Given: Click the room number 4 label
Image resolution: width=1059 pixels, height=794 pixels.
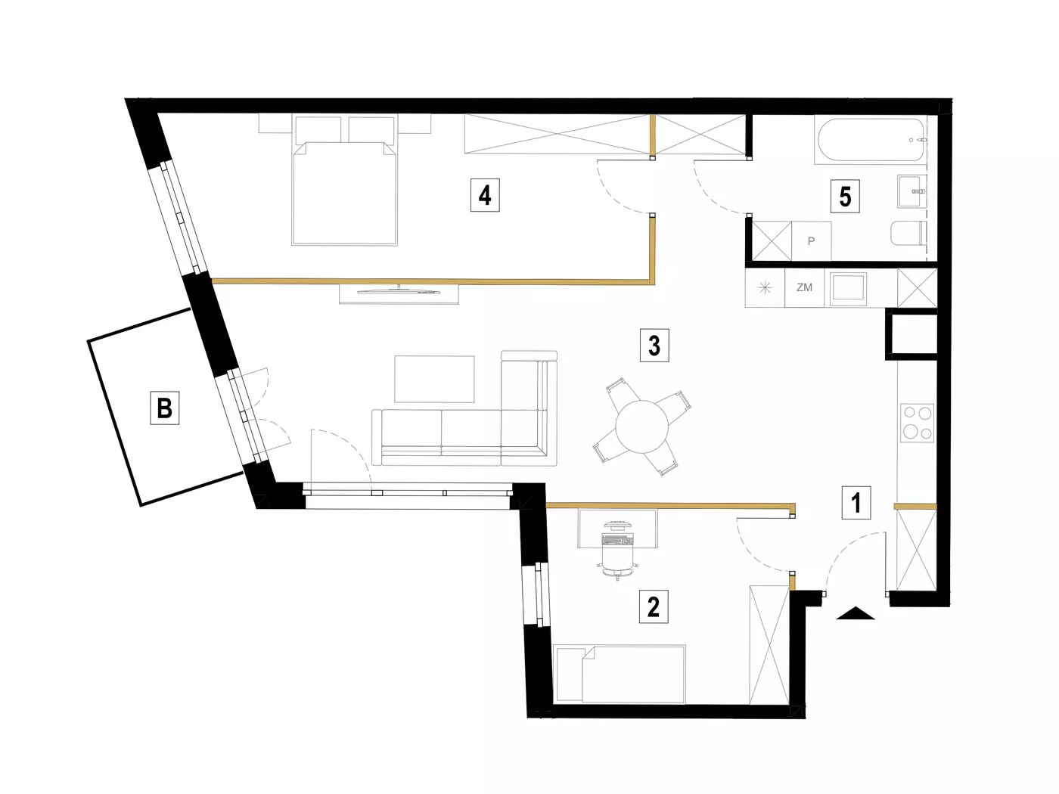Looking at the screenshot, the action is pyautogui.click(x=484, y=195).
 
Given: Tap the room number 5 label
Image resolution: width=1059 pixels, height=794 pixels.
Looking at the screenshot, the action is pyautogui.click(x=845, y=197).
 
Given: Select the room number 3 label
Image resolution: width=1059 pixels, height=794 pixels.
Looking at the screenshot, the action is pyautogui.click(x=654, y=346).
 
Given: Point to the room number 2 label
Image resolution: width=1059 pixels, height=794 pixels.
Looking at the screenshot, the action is pyautogui.click(x=654, y=607).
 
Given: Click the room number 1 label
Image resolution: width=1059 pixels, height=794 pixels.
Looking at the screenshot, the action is pyautogui.click(x=856, y=503).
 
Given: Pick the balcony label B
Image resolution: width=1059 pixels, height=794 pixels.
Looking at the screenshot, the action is pyautogui.click(x=164, y=408).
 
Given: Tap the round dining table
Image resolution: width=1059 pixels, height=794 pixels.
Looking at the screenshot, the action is pyautogui.click(x=641, y=426).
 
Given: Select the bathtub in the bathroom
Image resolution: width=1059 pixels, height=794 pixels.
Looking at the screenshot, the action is pyautogui.click(x=871, y=139).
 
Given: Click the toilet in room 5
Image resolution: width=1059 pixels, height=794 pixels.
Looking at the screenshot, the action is pyautogui.click(x=908, y=234).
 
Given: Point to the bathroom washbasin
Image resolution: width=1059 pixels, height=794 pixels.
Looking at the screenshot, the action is pyautogui.click(x=911, y=191).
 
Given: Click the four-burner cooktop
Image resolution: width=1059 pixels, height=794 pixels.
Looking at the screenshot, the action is pyautogui.click(x=917, y=423).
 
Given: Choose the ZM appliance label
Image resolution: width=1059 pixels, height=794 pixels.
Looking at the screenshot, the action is pyautogui.click(x=804, y=288).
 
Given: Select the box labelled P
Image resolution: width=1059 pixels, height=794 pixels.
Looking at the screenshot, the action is pyautogui.click(x=812, y=241).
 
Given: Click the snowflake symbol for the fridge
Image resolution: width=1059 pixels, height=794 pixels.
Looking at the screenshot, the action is pyautogui.click(x=765, y=288).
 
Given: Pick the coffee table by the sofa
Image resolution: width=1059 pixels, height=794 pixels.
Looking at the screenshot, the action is pyautogui.click(x=434, y=379).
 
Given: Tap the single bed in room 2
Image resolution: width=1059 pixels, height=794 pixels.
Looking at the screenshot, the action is pyautogui.click(x=619, y=674).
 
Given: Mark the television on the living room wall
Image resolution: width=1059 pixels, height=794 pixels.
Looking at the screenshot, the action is pyautogui.click(x=399, y=291).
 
